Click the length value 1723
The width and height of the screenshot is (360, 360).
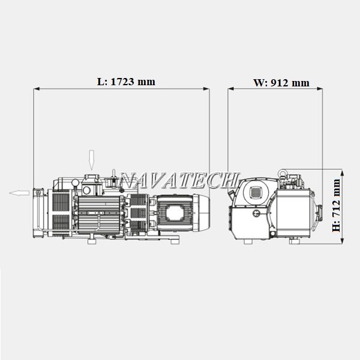click(122, 82)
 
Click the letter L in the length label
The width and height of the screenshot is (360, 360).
click(101, 82)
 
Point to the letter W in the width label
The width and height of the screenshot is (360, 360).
click(259, 83)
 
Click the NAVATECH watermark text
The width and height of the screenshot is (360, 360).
click(179, 180)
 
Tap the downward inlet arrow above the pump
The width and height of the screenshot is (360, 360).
click(92, 160)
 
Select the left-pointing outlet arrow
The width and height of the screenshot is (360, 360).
click(19, 193)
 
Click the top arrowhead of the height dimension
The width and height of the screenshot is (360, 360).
click(342, 173)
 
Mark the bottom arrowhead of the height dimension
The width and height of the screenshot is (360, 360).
click(342, 241)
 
